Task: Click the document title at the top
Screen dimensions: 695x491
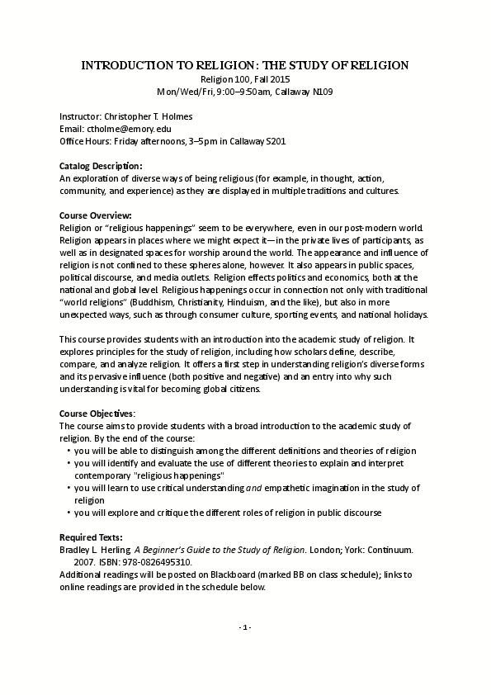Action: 245,64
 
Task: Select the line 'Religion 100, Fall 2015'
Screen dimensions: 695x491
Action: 245,79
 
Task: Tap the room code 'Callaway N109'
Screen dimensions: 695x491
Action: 304,91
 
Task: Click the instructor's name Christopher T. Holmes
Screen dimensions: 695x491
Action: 150,117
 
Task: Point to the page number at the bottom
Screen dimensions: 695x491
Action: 245,628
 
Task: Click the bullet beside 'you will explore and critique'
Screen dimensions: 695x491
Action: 67,513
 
